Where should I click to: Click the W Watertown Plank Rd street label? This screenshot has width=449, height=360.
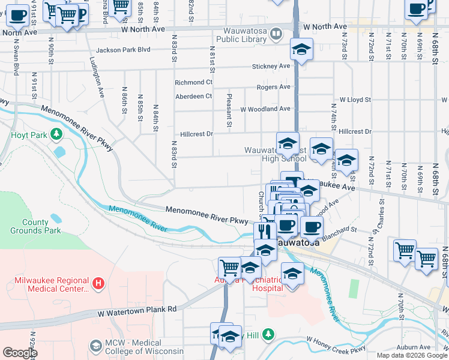(137, 310)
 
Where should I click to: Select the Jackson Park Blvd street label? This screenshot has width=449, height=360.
(122, 50)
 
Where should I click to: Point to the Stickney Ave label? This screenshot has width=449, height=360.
(271, 67)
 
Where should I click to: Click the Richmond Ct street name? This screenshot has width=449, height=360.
(193, 82)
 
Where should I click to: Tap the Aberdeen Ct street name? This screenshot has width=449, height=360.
(193, 96)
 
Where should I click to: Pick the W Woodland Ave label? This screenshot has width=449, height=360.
(265, 109)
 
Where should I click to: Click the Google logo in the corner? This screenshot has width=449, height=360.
(20, 353)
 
